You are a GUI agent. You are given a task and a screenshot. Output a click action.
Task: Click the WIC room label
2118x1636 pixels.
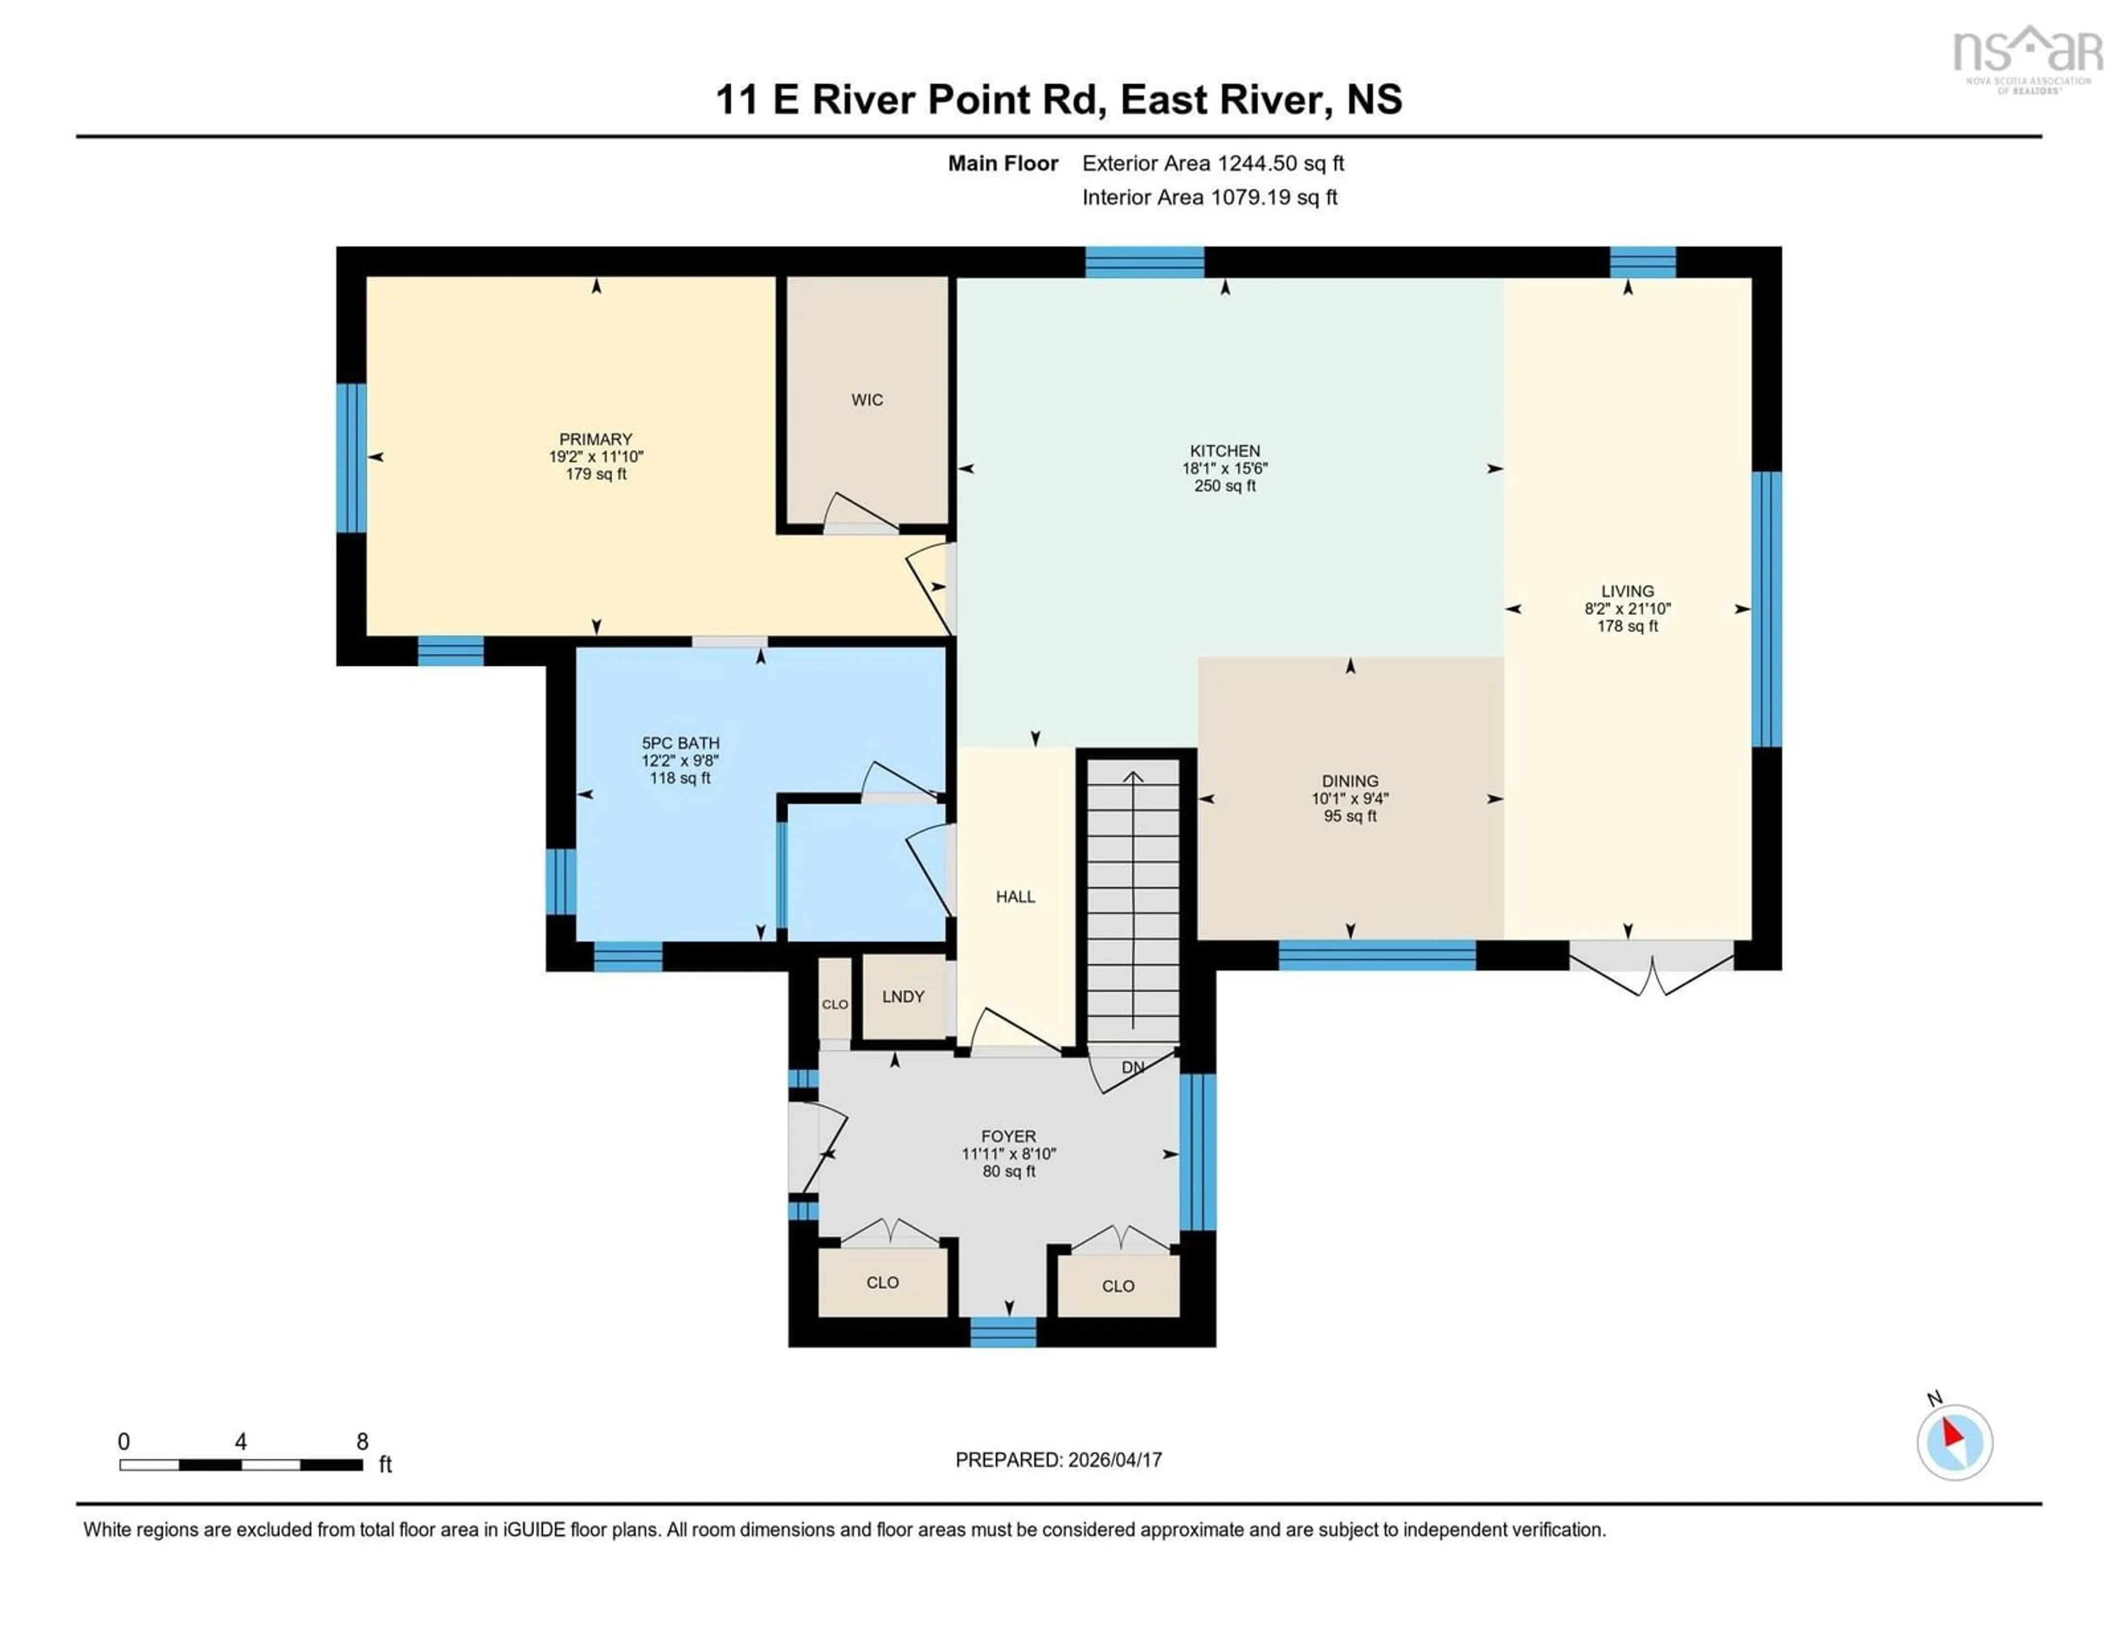click(867, 399)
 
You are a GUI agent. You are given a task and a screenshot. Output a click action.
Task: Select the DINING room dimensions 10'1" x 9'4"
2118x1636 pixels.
click(1350, 798)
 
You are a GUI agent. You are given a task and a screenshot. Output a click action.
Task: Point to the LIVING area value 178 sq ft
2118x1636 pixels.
click(1627, 627)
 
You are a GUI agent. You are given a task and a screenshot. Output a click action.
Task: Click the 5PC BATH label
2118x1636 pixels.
click(680, 743)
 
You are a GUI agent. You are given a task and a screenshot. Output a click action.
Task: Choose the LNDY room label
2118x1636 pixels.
click(903, 996)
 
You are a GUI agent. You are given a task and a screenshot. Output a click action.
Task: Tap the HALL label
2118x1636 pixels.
click(1015, 896)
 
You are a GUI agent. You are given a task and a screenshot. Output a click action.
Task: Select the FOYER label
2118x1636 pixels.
click(1009, 1136)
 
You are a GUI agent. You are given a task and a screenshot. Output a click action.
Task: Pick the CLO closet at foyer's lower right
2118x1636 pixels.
click(1118, 1286)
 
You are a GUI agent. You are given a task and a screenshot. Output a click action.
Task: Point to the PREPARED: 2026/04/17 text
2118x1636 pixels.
click(1058, 1459)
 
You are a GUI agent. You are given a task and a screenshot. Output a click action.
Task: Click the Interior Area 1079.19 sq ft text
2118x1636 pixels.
click(1210, 197)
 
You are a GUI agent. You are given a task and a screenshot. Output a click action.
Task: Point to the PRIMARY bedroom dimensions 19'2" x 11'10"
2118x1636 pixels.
click(596, 456)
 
